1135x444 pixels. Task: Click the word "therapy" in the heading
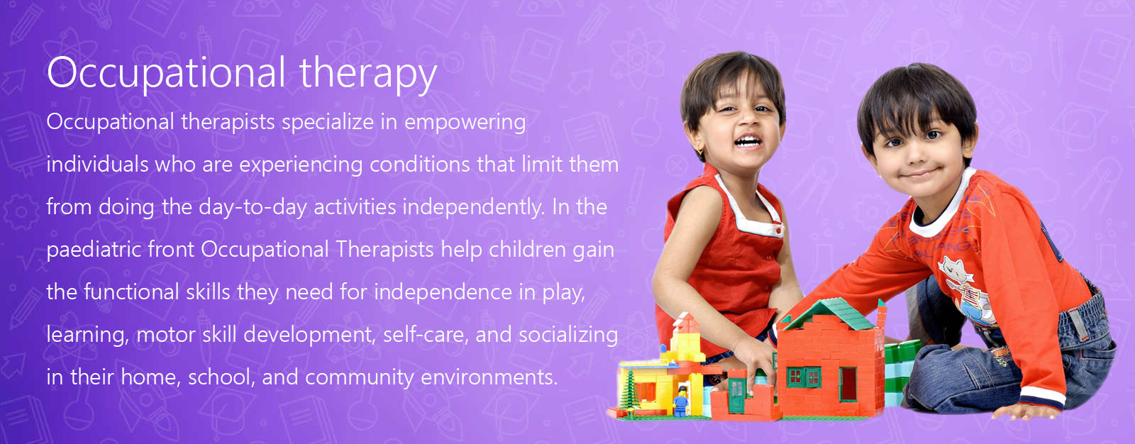tap(368, 74)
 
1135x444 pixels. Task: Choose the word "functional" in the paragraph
tap(131, 292)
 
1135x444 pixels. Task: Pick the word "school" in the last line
tap(221, 377)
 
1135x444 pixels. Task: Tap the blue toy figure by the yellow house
tap(681, 401)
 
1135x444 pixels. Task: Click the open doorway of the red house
tap(848, 384)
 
